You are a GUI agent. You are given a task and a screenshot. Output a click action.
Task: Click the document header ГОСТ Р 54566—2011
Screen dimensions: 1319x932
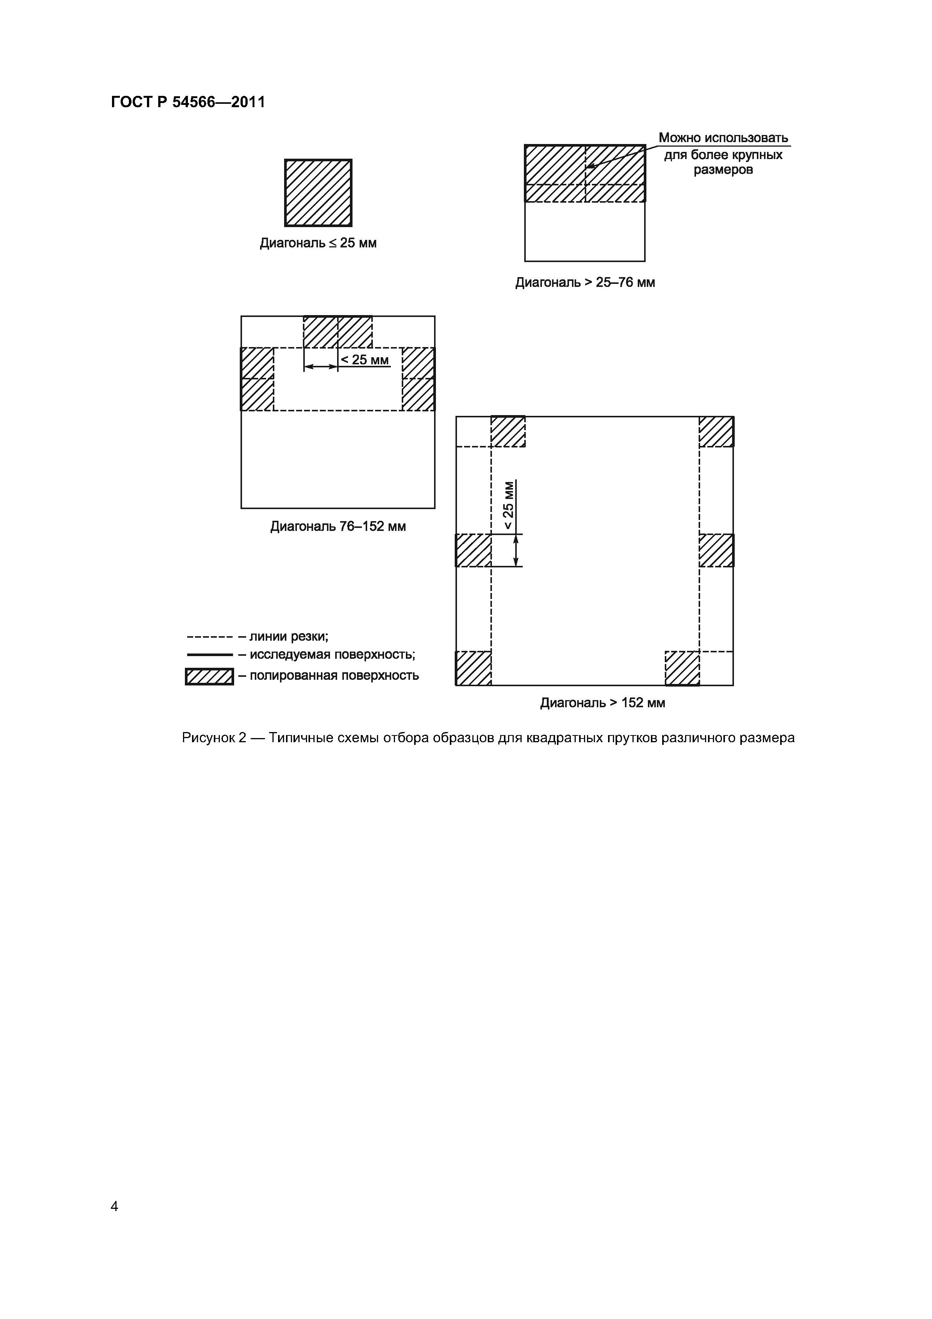coord(188,102)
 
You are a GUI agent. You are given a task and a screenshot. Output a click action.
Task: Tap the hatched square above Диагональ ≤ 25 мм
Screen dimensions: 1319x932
coord(318,193)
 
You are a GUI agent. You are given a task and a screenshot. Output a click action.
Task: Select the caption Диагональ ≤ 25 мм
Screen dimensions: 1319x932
coord(318,243)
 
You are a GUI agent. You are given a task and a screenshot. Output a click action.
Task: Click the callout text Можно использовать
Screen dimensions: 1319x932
coord(723,138)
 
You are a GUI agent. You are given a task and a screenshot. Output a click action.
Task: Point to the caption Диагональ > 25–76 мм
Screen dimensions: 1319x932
coord(585,283)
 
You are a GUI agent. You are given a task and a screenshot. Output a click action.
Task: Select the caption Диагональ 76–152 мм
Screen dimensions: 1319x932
coord(337,526)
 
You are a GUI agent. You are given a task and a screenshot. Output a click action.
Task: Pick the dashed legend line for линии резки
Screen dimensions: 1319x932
coord(209,637)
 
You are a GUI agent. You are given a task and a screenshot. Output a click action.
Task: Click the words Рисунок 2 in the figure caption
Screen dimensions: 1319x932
coord(213,738)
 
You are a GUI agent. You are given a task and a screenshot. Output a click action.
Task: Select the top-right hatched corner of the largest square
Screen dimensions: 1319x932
coord(716,431)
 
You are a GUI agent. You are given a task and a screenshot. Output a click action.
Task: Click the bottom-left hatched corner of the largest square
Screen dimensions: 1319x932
coord(473,668)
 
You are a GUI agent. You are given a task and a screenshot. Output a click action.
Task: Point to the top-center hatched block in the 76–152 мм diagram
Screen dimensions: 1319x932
coord(337,332)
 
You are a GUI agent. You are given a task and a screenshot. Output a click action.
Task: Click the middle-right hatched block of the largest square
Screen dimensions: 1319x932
coord(716,550)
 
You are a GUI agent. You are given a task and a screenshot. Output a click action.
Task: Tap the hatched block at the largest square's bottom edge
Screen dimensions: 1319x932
coord(682,668)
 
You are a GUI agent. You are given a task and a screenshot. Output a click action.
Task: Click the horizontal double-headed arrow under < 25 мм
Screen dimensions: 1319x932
coord(321,367)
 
